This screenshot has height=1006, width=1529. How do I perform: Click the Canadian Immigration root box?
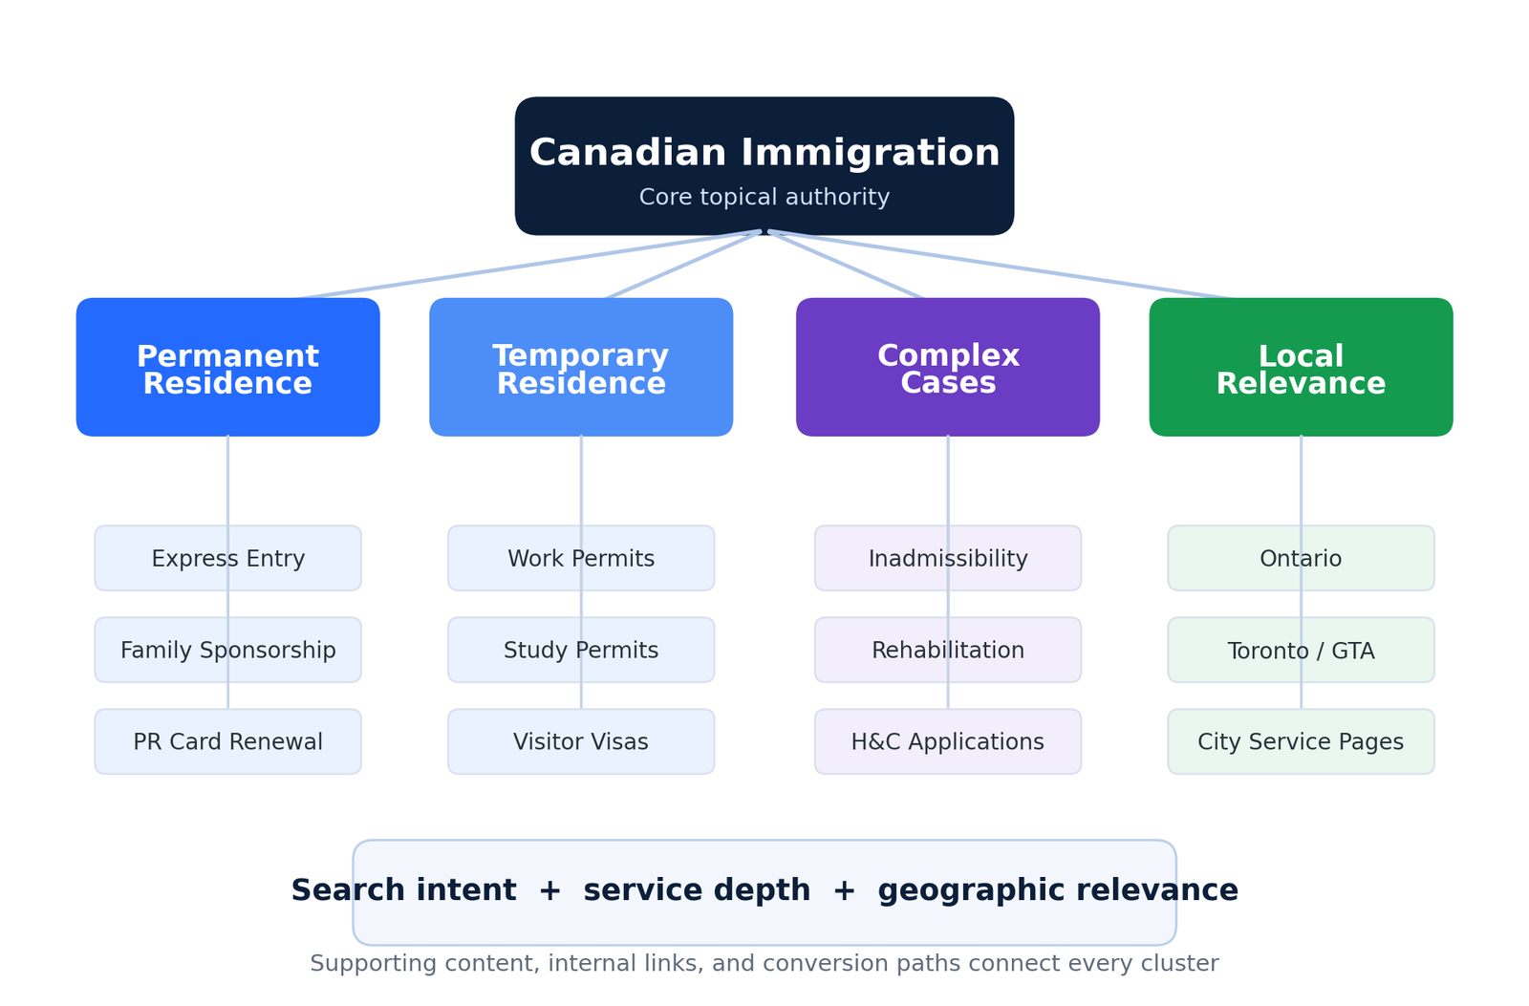click(764, 166)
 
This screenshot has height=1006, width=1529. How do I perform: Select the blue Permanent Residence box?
click(228, 367)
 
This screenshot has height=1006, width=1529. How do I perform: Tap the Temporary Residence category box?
click(581, 367)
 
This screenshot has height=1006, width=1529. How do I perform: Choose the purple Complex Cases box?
click(947, 367)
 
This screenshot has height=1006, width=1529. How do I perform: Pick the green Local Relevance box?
click(1301, 367)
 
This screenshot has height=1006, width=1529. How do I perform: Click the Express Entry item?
click(228, 558)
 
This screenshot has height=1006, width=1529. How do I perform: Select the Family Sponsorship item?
click(228, 650)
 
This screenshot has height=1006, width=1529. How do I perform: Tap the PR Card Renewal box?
click(228, 741)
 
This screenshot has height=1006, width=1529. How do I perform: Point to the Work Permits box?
click(581, 558)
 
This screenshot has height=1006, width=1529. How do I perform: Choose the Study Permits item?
click(581, 650)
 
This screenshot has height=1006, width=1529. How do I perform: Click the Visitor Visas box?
click(581, 741)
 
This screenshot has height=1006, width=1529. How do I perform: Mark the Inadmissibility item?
click(947, 558)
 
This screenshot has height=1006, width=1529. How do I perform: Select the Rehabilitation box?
click(947, 650)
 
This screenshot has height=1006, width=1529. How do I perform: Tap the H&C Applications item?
click(947, 741)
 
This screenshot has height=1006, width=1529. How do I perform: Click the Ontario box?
click(1301, 558)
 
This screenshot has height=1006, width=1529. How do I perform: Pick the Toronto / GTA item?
click(1301, 650)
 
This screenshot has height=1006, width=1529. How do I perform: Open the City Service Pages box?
click(1301, 741)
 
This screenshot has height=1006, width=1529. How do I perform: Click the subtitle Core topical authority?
click(764, 197)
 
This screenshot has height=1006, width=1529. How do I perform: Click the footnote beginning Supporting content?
click(764, 964)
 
